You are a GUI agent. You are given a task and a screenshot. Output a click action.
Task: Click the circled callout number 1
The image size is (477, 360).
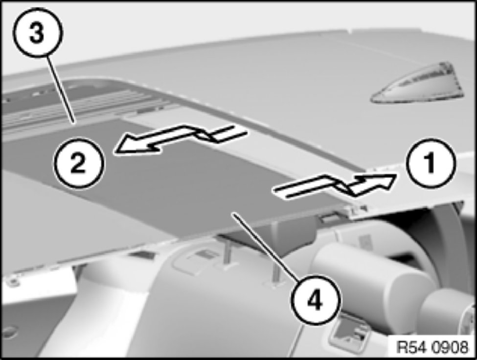[x=430, y=163]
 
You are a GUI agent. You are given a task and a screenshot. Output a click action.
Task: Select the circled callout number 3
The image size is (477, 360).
[x=37, y=33]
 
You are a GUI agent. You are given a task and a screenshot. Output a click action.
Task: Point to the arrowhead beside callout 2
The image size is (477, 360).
[x=134, y=144]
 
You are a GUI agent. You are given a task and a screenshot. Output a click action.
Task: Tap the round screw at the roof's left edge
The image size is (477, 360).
[x=12, y=282]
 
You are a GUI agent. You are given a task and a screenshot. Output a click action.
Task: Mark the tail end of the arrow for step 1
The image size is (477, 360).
[x=279, y=193]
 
